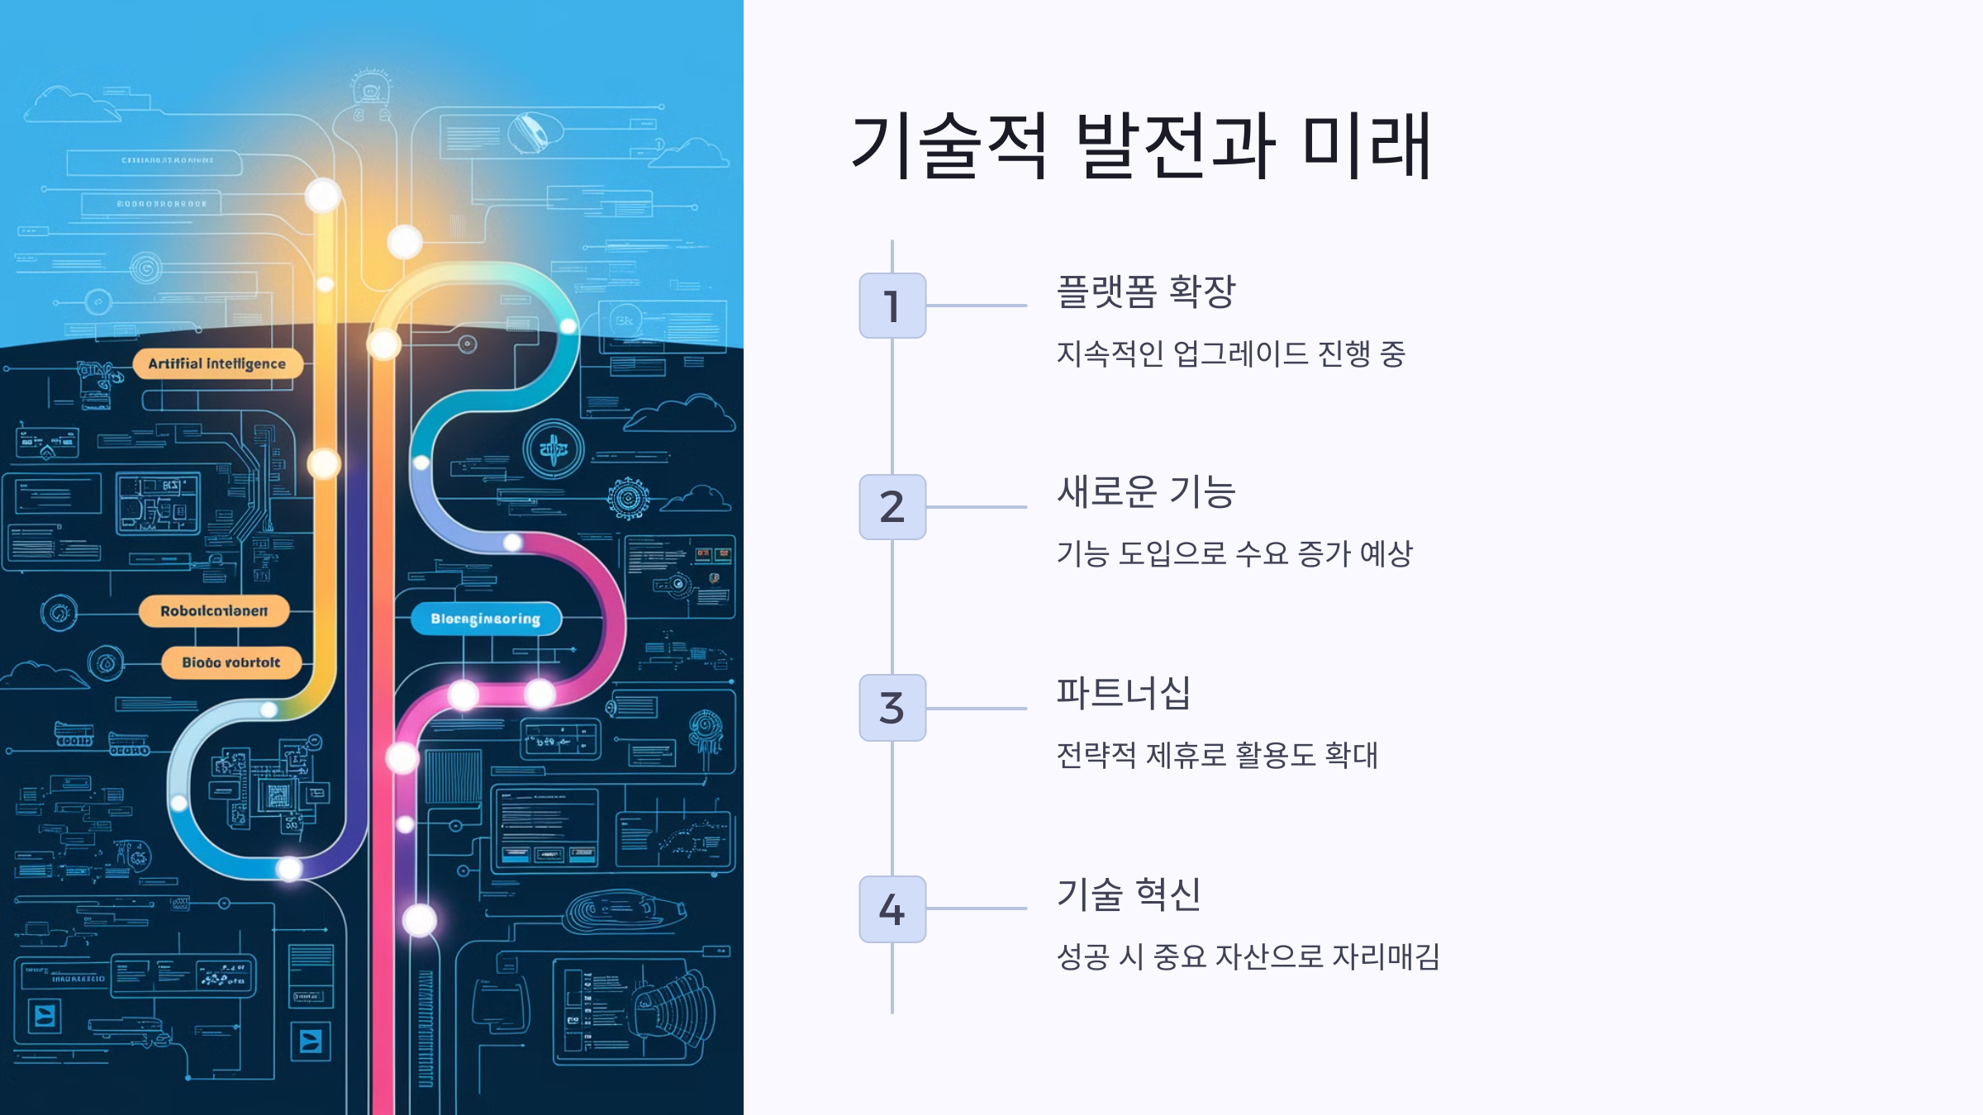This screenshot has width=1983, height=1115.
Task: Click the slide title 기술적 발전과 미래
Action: [1140, 146]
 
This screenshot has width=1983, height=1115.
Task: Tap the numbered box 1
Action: [892, 306]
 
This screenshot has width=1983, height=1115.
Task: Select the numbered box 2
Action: [892, 507]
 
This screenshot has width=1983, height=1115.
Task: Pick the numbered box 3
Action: [892, 708]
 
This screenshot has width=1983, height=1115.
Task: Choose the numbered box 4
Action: [892, 909]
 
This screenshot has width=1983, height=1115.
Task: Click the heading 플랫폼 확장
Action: [1146, 292]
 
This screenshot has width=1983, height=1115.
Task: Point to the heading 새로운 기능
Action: [1146, 492]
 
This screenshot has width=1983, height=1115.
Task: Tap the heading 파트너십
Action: [1124, 693]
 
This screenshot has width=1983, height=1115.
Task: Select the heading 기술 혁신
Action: [1129, 894]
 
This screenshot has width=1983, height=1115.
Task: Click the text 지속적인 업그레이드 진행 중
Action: [1231, 353]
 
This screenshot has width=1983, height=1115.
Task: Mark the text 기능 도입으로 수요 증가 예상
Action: [1234, 553]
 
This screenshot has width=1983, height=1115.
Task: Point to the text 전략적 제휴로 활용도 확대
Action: [1217, 755]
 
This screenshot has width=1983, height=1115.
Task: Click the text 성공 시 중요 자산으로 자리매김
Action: [1248, 956]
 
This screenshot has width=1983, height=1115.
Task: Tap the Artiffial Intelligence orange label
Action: [217, 364]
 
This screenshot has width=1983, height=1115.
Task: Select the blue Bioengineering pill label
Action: [486, 619]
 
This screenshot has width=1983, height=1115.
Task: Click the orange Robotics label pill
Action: [214, 611]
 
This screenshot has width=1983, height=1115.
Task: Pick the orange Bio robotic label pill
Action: [231, 662]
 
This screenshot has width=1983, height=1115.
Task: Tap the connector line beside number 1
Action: [977, 306]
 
